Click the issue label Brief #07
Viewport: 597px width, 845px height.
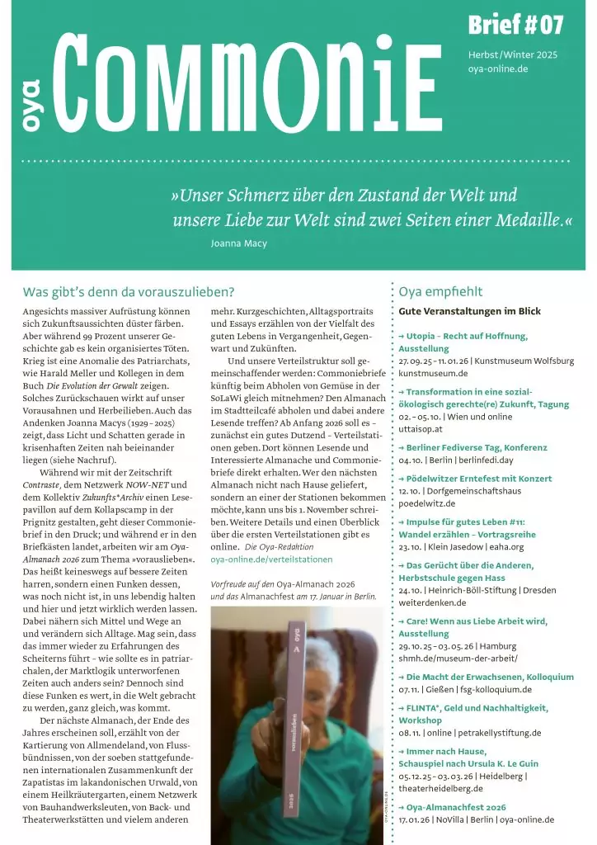[515, 26]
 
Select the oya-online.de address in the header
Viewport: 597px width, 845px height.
[498, 68]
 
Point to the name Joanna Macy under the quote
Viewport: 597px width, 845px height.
[239, 243]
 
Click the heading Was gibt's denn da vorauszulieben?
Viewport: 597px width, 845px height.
[129, 291]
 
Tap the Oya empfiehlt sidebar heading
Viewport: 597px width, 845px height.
[440, 291]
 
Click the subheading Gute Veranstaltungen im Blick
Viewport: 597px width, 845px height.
[469, 311]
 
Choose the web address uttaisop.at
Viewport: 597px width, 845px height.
[421, 428]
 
